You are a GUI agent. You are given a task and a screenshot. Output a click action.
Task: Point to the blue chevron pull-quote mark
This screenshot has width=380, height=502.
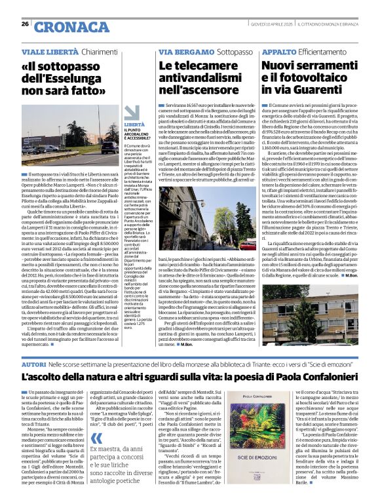click(x=97, y=420)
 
